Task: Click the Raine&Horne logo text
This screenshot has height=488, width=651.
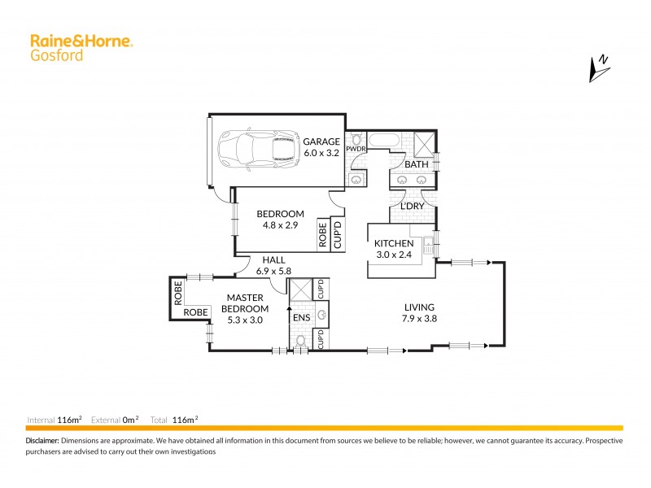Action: pos(81,40)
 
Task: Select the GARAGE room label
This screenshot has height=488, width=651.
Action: pos(321,141)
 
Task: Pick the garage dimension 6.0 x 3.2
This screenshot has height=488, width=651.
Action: pos(321,152)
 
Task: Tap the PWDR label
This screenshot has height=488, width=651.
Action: pos(356,149)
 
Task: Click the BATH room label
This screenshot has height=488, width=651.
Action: pos(417,164)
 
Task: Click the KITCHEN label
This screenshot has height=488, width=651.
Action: pos(394,243)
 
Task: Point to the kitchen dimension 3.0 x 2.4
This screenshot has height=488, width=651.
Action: pos(394,255)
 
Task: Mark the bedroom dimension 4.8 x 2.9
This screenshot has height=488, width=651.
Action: pos(279,226)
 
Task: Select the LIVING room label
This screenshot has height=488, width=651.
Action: pos(419,307)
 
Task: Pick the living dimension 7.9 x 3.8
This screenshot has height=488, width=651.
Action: pos(419,319)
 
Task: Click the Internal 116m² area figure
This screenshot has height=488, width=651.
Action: pos(69,420)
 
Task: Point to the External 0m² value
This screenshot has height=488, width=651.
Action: pos(130,420)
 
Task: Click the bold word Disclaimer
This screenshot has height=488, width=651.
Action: pos(43,440)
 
